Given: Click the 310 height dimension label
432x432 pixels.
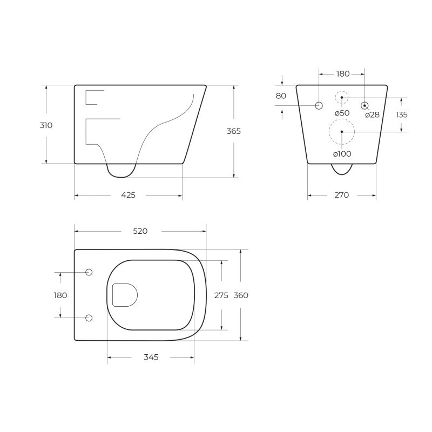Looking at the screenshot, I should click(x=46, y=125).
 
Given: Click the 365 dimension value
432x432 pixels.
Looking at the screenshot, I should click(x=234, y=131).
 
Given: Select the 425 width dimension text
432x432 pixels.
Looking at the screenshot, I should click(x=128, y=195).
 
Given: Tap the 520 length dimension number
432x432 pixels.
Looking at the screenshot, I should click(x=140, y=231).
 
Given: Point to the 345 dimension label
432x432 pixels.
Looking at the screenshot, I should click(x=151, y=357).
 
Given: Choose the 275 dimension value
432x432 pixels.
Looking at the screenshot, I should click(x=222, y=295).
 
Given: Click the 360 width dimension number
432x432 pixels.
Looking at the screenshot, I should click(x=241, y=295).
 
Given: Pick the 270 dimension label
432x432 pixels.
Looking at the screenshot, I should click(x=341, y=195).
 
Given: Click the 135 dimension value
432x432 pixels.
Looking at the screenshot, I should click(x=401, y=114).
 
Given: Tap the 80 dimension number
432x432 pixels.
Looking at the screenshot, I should click(x=281, y=96).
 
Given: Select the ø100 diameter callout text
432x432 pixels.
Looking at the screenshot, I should click(x=342, y=154).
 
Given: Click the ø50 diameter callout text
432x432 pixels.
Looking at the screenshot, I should click(x=342, y=113).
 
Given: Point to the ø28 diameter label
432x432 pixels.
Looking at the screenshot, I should click(x=372, y=114).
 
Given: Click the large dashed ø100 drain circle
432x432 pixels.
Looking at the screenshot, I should click(x=342, y=132).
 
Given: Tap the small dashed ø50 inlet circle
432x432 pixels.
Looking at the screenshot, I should click(x=342, y=98).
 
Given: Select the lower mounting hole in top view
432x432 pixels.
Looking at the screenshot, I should click(x=89, y=318).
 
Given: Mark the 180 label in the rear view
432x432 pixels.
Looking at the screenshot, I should click(x=342, y=73).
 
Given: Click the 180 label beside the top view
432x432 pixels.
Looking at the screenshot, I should click(x=60, y=295).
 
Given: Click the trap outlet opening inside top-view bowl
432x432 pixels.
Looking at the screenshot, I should click(x=124, y=295).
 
